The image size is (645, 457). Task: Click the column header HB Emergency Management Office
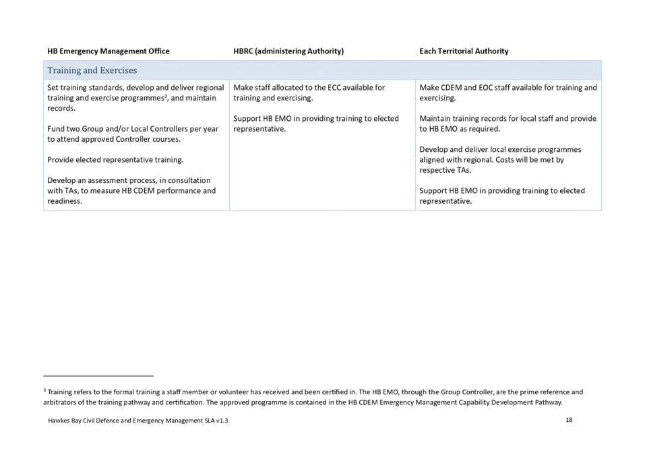(108, 51)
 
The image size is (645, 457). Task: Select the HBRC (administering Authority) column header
(288, 51)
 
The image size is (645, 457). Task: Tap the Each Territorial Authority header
(464, 51)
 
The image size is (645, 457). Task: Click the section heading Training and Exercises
(92, 70)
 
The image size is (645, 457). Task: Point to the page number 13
(569, 420)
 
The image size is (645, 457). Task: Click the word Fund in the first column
(55, 129)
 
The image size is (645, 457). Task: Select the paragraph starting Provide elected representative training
(115, 160)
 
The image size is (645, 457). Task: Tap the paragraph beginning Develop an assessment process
(131, 190)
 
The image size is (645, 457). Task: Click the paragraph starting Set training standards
(134, 98)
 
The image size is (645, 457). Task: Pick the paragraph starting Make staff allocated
(308, 92)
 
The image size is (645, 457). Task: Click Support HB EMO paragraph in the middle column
(315, 124)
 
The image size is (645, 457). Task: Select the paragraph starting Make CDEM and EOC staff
(507, 92)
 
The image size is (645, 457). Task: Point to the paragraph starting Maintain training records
(507, 124)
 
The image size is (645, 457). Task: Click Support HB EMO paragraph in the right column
(501, 196)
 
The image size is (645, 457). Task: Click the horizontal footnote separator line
(98, 376)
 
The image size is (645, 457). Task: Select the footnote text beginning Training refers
(313, 397)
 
